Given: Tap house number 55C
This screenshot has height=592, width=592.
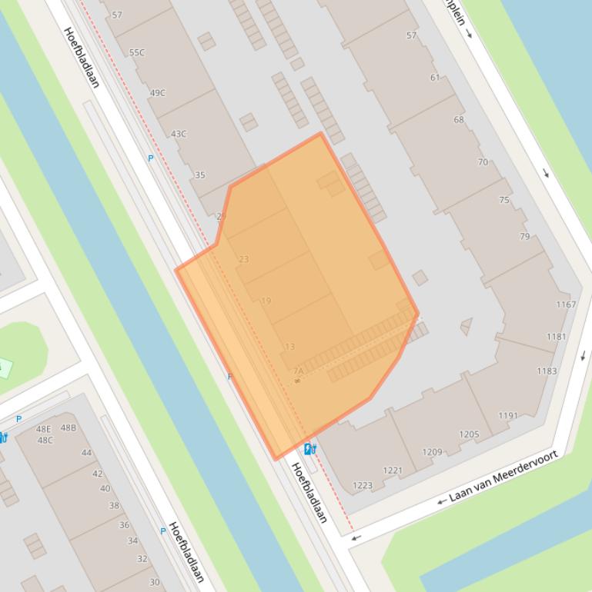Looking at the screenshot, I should click(137, 52).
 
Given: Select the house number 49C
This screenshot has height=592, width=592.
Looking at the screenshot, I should click(158, 93).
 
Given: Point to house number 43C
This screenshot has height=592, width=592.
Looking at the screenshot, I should click(179, 134).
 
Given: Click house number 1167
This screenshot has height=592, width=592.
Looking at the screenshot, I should click(566, 304).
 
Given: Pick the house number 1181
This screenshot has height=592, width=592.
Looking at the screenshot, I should click(557, 337).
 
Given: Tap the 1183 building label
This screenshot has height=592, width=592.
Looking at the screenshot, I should click(547, 371).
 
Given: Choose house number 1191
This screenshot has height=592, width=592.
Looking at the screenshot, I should click(508, 416).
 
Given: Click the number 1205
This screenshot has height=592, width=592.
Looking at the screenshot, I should click(469, 434).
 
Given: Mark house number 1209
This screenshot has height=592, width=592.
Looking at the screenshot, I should click(432, 452).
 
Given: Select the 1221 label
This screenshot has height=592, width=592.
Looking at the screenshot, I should click(393, 471).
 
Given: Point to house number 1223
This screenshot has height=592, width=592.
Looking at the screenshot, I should click(362, 486).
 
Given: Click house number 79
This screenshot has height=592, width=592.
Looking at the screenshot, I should click(524, 236).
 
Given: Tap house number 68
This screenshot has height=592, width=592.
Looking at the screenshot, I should click(459, 120).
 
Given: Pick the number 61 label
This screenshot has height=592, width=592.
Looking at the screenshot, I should click(435, 78).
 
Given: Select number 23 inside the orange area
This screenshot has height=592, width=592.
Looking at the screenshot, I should click(244, 259).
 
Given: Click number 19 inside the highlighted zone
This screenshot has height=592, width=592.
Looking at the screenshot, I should click(266, 301).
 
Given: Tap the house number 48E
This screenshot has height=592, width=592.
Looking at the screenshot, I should click(44, 429).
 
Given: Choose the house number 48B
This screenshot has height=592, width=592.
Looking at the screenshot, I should click(69, 427).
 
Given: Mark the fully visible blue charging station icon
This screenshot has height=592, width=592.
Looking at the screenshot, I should click(309, 449).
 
